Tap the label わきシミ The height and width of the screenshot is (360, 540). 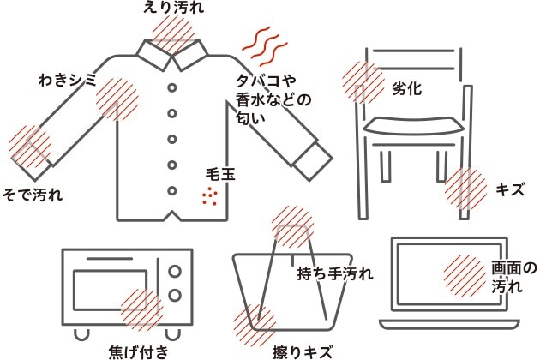(x=68, y=81)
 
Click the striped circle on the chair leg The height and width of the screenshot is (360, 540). (x=466, y=189)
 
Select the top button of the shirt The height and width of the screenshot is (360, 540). (x=171, y=87)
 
